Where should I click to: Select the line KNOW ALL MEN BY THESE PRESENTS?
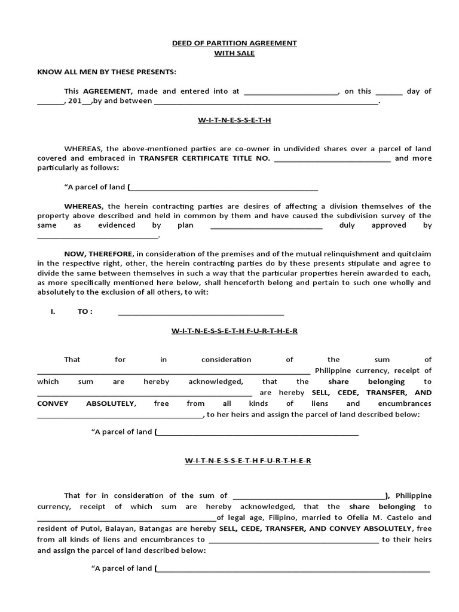coord(107,72)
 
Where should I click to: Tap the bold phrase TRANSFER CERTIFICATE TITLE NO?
coord(205,158)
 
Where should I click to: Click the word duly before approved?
coord(347,225)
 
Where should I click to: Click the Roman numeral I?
coord(53,311)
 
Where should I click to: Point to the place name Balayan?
coord(122,529)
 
